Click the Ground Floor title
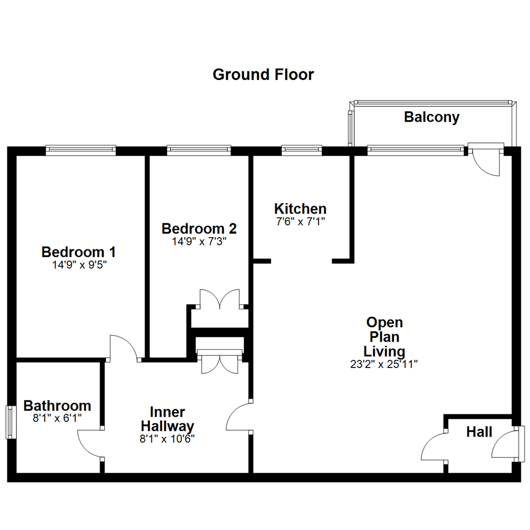(263, 75)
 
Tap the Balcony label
(431, 117)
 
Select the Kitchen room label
(300, 208)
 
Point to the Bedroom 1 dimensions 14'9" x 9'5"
(79, 265)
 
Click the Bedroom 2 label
(199, 229)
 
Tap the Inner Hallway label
(167, 418)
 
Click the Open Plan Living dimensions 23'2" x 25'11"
(384, 364)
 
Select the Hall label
(479, 432)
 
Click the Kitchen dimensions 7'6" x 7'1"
(300, 221)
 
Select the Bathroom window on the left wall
(9, 422)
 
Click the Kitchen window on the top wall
(301, 150)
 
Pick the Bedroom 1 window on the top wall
(81, 150)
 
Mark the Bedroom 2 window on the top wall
(199, 150)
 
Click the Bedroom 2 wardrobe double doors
(220, 299)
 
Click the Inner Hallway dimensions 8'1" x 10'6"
(167, 439)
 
